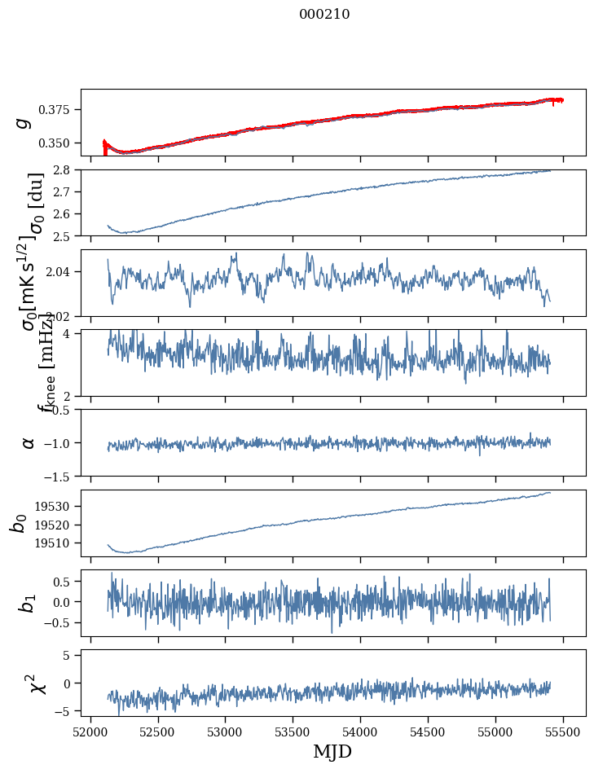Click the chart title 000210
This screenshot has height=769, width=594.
(324, 14)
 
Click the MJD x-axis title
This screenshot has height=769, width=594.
(332, 751)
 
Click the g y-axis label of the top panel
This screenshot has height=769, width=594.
(24, 121)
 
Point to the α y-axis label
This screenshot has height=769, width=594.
(28, 442)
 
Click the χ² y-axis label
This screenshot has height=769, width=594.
(37, 683)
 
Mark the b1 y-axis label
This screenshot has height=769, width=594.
(29, 603)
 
